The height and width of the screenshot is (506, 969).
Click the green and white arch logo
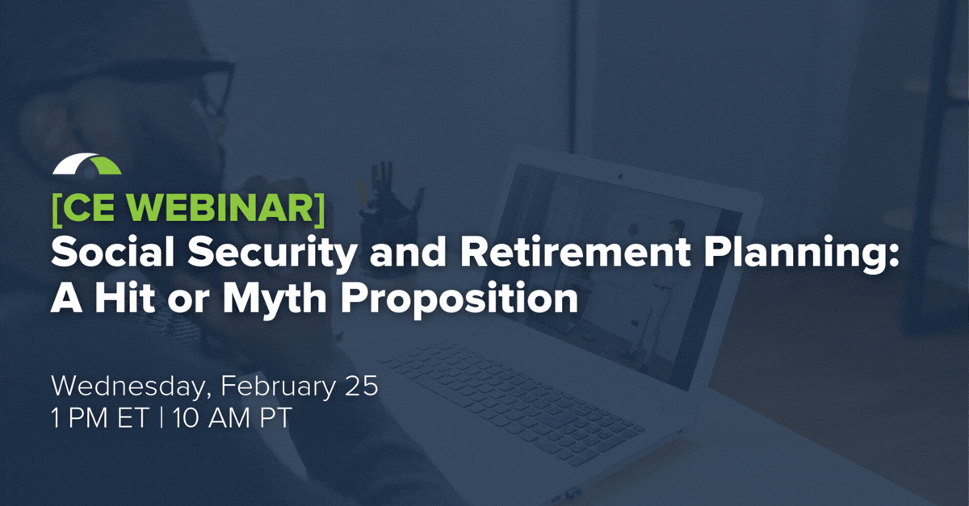pos(87,164)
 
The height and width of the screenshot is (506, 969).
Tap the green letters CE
pos(93,209)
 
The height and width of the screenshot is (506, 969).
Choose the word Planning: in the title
pos(801,255)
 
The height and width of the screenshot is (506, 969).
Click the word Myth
pos(275,299)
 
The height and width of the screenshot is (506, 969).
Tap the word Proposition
pos(459,299)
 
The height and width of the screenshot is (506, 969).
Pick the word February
pos(278,387)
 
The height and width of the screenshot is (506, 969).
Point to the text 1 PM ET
pos(100,419)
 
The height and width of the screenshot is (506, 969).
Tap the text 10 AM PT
pos(232,419)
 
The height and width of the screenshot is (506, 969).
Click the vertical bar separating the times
pos(161,419)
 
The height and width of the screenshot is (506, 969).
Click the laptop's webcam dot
pos(620,177)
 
